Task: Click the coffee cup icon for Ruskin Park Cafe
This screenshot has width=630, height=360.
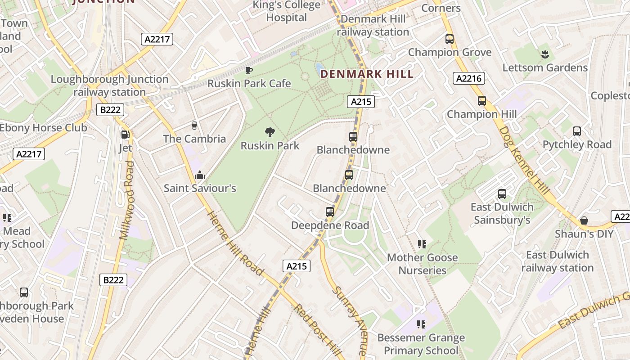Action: pyautogui.click(x=249, y=70)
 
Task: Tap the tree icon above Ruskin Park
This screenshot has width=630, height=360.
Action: pyautogui.click(x=270, y=132)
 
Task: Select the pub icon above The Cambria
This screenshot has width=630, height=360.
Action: pyautogui.click(x=194, y=125)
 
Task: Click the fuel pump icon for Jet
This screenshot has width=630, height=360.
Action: pyautogui.click(x=126, y=134)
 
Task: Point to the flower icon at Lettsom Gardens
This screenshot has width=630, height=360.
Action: pyautogui.click(x=545, y=54)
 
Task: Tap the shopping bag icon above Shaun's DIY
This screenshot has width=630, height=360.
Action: pyautogui.click(x=584, y=220)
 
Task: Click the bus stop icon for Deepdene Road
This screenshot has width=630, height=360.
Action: pyautogui.click(x=330, y=211)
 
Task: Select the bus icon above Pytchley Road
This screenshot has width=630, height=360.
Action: pyautogui.click(x=577, y=131)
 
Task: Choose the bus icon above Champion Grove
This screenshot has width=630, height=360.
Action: pyautogui.click(x=450, y=39)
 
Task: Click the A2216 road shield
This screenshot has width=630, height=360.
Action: pyautogui.click(x=468, y=79)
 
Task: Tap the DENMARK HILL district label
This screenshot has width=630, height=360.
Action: pyautogui.click(x=367, y=74)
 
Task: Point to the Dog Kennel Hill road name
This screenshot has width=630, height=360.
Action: pyautogui.click(x=524, y=160)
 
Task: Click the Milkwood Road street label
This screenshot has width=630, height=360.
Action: pyautogui.click(x=127, y=200)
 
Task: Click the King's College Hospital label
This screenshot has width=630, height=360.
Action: pyautogui.click(x=287, y=12)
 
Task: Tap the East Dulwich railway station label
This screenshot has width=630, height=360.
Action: pyautogui.click(x=558, y=261)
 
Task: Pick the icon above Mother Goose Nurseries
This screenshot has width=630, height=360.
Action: pyautogui.click(x=422, y=244)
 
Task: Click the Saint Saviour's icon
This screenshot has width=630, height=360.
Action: pyautogui.click(x=199, y=175)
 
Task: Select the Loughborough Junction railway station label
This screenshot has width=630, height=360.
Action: pyautogui.click(x=109, y=85)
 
